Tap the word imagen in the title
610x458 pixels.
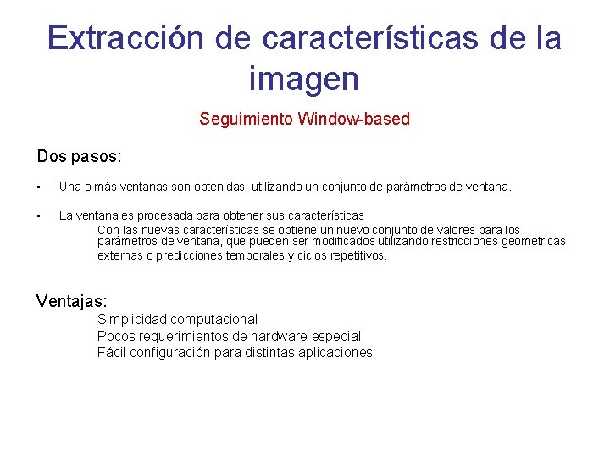pyautogui.click(x=304, y=79)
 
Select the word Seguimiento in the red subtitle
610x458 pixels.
pyautogui.click(x=246, y=120)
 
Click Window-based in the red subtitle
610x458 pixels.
pyautogui.click(x=353, y=120)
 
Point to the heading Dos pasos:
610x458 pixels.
pyautogui.click(x=80, y=157)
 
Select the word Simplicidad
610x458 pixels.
pyautogui.click(x=131, y=320)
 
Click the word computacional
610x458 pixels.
pyautogui.click(x=213, y=320)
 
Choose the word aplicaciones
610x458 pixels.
pyautogui.click(x=335, y=353)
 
